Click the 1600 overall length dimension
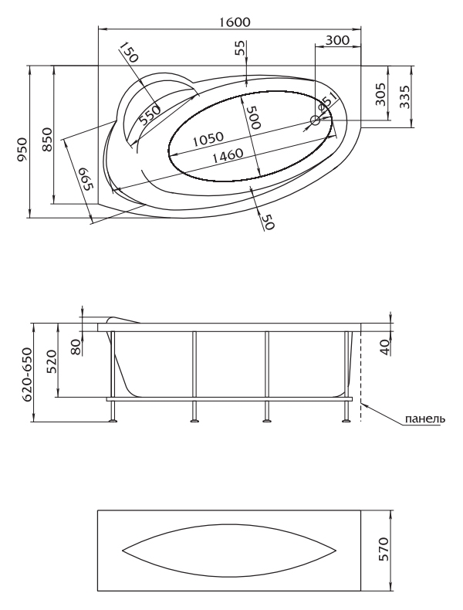pos(234,22)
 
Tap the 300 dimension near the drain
pos(337,39)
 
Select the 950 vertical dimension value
pos(22,149)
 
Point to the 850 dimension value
pos(46,139)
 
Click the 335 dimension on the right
pos(404,97)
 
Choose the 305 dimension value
pos(381,94)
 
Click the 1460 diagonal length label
pos(228,155)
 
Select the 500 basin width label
pos(253,117)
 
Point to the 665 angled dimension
pos(86,179)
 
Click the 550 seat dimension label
pos(150,114)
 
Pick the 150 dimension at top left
pos(129,53)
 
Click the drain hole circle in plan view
pos(315,120)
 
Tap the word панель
pos(425,419)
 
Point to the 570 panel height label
pos(384,549)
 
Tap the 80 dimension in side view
pos(76,347)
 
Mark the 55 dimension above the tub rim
pos(241,48)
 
